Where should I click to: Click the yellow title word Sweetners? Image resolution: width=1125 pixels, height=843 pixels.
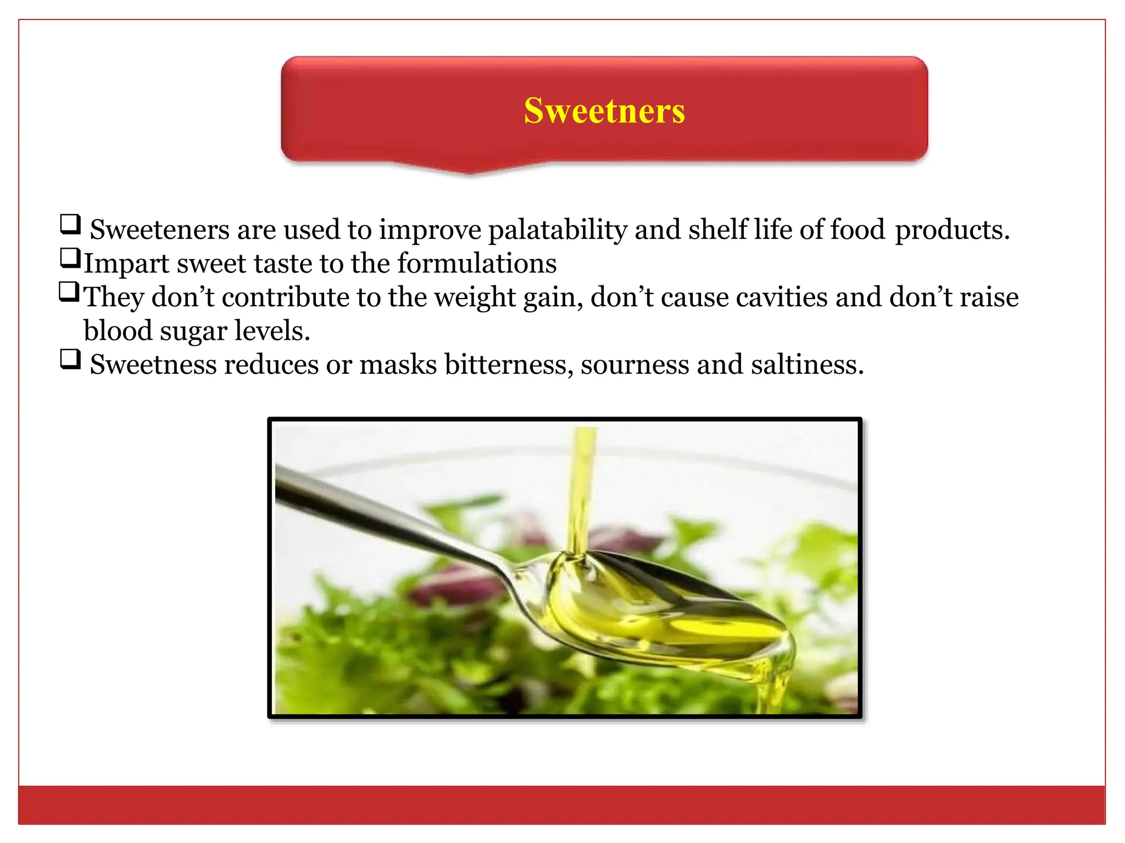[x=604, y=111]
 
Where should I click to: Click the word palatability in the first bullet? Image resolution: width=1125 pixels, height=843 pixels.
[x=557, y=229]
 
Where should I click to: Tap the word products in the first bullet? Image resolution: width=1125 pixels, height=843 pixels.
[x=952, y=231]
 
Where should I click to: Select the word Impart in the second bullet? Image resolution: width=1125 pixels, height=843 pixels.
[x=126, y=264]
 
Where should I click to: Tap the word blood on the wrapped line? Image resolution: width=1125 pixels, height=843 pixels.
[x=118, y=331]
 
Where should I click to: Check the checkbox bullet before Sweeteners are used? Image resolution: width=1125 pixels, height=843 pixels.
[x=70, y=224]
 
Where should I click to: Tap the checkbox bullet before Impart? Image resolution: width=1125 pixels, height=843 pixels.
[x=70, y=258]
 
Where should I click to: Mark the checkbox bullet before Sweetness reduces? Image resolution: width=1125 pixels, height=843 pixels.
[x=70, y=359]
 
